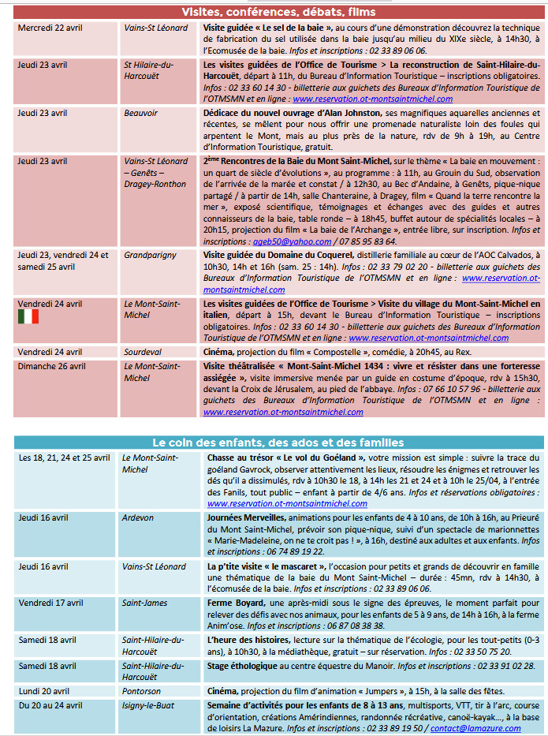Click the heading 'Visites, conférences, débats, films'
point(278,12)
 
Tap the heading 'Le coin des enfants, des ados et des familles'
point(278,443)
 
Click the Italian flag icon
point(28,316)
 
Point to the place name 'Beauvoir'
point(141,113)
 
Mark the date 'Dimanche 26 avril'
point(52,366)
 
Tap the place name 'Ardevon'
point(138,517)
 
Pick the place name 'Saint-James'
point(144,603)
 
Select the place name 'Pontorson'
point(143,690)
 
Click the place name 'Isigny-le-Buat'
point(148,704)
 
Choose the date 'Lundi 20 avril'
point(46,690)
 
